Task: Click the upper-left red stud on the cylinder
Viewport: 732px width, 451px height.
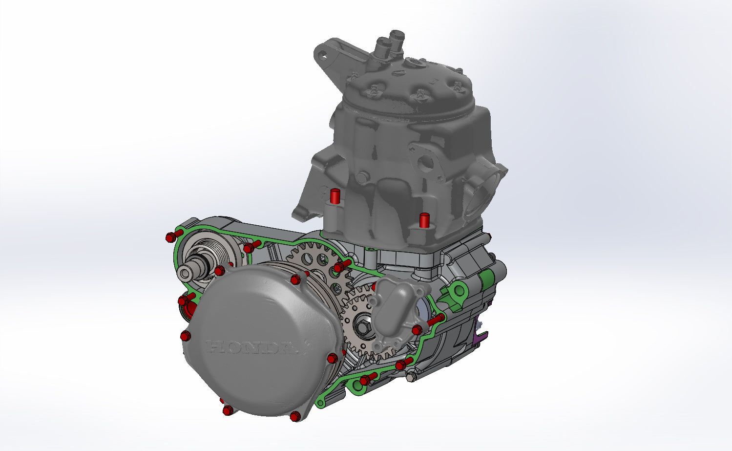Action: tap(335, 196)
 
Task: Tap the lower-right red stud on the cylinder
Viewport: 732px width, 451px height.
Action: tap(424, 220)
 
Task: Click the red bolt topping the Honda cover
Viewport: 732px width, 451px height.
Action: tap(295, 279)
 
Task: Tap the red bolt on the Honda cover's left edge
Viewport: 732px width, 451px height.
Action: tap(185, 336)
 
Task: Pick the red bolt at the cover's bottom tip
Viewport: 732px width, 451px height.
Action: tap(295, 416)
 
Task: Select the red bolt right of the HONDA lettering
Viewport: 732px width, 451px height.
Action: tap(333, 358)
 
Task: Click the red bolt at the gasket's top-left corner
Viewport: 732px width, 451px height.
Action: tap(170, 237)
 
